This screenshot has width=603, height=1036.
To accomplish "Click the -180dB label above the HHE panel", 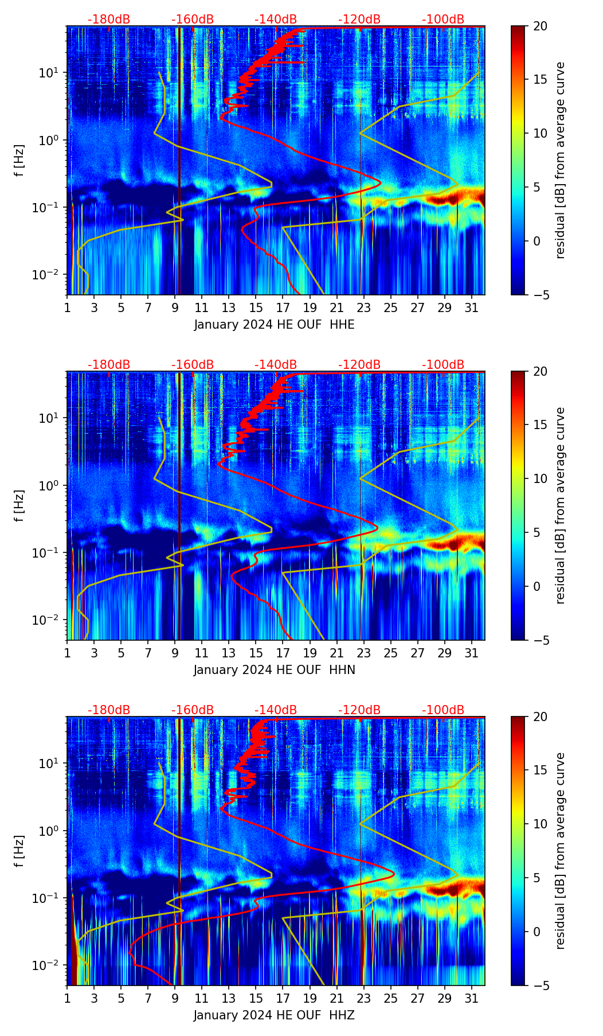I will [109, 20].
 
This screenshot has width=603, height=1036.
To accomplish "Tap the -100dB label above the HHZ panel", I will [443, 710].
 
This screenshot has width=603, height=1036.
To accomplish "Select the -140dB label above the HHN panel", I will [276, 365].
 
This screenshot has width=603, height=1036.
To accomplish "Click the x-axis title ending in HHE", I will [274, 325].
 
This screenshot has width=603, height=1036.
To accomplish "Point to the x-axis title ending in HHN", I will [274, 670].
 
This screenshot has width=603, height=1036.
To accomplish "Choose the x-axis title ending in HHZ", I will [274, 1015].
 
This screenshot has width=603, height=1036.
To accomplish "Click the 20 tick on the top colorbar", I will [540, 26].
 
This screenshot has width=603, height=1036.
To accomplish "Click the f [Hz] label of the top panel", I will [19, 161].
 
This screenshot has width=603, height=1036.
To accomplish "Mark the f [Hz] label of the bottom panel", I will [19, 851].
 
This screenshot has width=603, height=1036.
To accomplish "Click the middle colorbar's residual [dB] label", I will [561, 505].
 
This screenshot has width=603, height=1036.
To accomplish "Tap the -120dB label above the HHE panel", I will [359, 20].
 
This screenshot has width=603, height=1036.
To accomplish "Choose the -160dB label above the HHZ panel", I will [193, 710].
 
